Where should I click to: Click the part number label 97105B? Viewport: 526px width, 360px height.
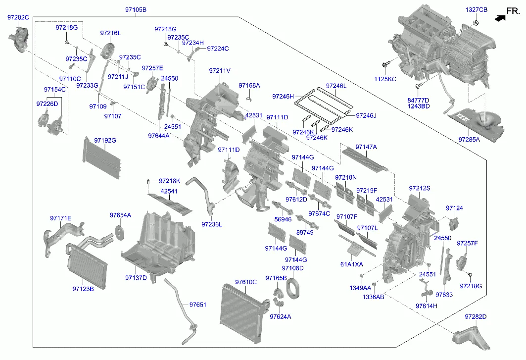136,10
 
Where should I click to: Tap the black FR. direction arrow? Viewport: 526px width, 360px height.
500,17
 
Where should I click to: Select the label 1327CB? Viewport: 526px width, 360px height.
476,10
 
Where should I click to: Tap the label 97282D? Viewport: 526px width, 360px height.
476,316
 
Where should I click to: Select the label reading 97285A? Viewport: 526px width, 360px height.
469,140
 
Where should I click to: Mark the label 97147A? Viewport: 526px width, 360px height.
366,147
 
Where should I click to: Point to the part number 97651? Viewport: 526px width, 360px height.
197,305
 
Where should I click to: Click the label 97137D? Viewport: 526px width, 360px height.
136,277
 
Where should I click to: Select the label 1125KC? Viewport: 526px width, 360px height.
385,79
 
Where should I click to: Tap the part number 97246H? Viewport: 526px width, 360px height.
283,96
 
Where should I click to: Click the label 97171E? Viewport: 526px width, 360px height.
60,218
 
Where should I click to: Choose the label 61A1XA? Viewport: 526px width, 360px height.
351,264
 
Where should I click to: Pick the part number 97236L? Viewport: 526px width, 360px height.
212,224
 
